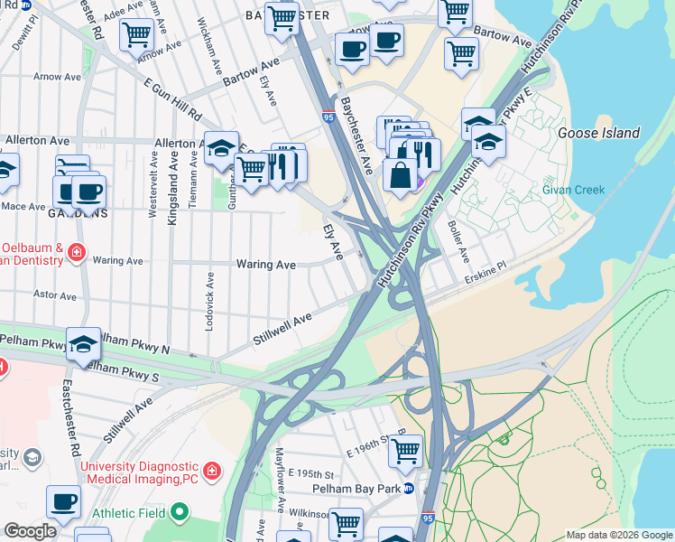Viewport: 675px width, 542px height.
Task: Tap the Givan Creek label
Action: [573, 190]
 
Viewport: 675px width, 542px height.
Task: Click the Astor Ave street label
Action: [55, 294]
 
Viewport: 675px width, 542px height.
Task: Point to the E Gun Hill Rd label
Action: [171, 99]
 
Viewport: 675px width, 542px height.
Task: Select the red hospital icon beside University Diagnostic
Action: [211, 472]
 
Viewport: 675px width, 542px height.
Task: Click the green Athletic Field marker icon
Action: [180, 513]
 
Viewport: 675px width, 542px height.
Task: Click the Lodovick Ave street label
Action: [209, 301]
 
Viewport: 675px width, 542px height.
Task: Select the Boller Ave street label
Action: [458, 242]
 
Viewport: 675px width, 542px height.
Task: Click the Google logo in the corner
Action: [30, 531]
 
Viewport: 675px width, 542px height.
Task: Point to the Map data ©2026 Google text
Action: [619, 535]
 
